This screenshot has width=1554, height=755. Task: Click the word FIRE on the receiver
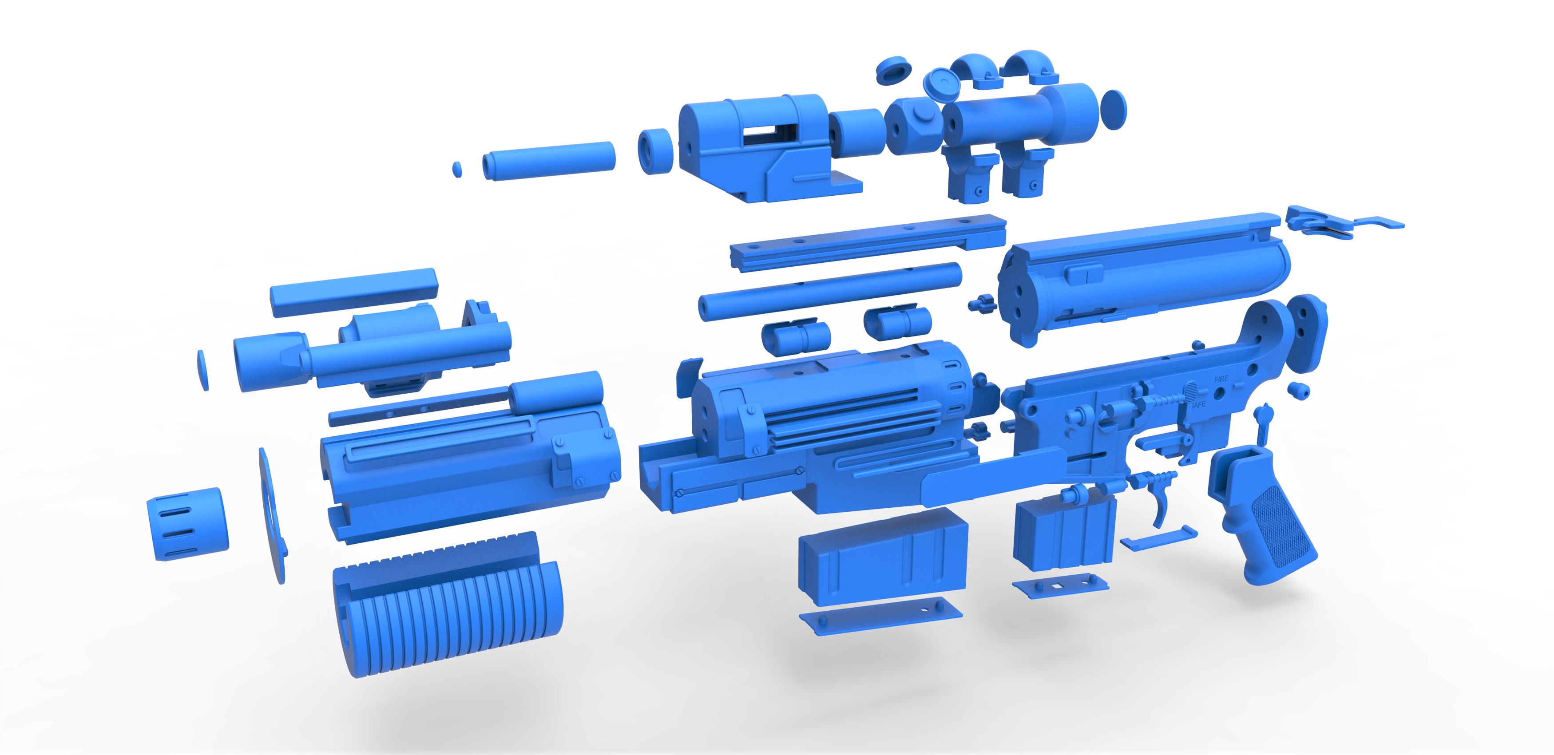coord(1221,379)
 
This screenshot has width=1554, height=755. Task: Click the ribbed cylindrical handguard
coord(449,615)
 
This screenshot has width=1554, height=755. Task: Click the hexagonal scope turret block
coord(914,126)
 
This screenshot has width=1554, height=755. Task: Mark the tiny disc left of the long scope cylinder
coord(457,168)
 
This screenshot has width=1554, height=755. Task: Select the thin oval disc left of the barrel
coord(203,369)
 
